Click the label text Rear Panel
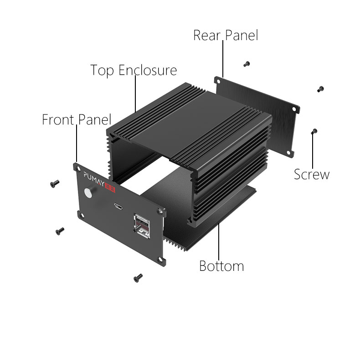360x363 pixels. click(225, 35)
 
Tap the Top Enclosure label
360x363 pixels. click(133, 71)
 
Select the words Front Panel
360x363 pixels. click(76, 120)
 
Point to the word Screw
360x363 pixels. click(312, 174)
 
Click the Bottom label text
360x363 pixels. click(221, 266)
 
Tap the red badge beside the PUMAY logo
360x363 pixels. click(110, 181)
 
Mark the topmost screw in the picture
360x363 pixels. click(247, 63)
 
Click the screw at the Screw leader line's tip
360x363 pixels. click(313, 132)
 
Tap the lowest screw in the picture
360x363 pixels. click(137, 277)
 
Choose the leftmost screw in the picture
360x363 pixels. click(55, 183)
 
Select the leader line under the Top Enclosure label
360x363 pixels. click(136, 93)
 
